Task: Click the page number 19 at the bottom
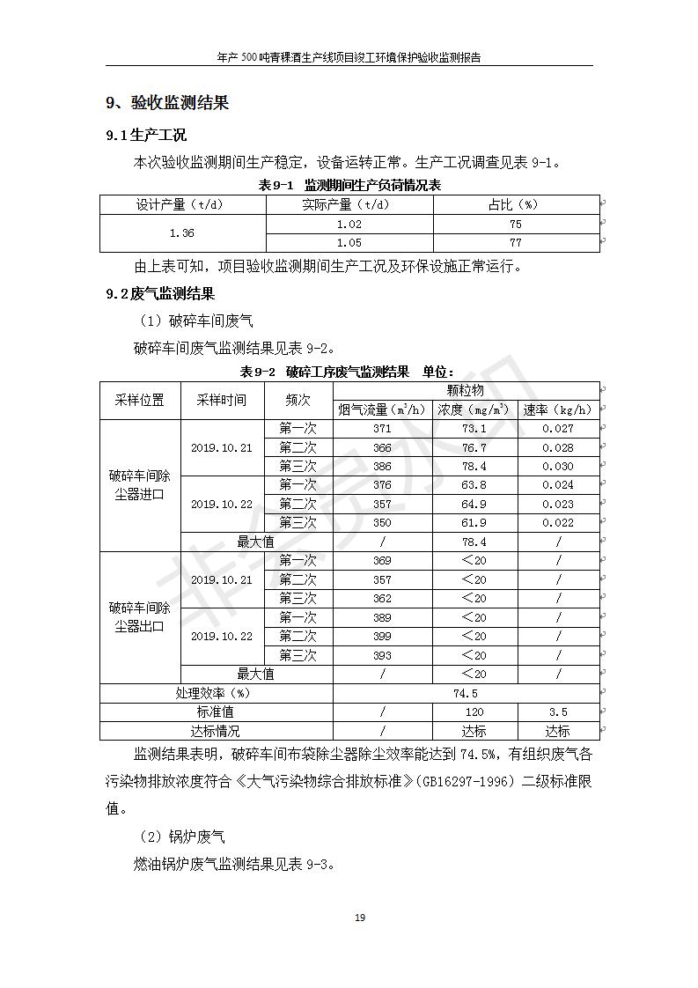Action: pyautogui.click(x=359, y=918)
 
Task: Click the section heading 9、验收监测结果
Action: pyautogui.click(x=167, y=104)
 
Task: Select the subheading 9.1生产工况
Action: pyautogui.click(x=146, y=136)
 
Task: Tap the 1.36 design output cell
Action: pyautogui.click(x=182, y=233)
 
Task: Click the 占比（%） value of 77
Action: pyautogui.click(x=516, y=243)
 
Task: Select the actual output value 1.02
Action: pyautogui.click(x=349, y=225)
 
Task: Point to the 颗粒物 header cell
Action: pyautogui.click(x=466, y=390)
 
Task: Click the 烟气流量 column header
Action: pyautogui.click(x=382, y=409)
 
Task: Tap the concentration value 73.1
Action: pyautogui.click(x=474, y=429)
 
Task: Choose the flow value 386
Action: pyautogui.click(x=382, y=467)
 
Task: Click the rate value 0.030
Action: pyautogui.click(x=558, y=467)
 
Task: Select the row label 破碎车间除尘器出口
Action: pyautogui.click(x=140, y=617)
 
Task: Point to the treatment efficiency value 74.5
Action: pyautogui.click(x=466, y=693)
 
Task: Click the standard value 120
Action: pyautogui.click(x=474, y=712)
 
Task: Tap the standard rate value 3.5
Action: pyautogui.click(x=558, y=712)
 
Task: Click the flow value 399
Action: pyautogui.click(x=382, y=636)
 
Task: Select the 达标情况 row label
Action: pyautogui.click(x=216, y=731)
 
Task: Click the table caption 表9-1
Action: pyautogui.click(x=275, y=185)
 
